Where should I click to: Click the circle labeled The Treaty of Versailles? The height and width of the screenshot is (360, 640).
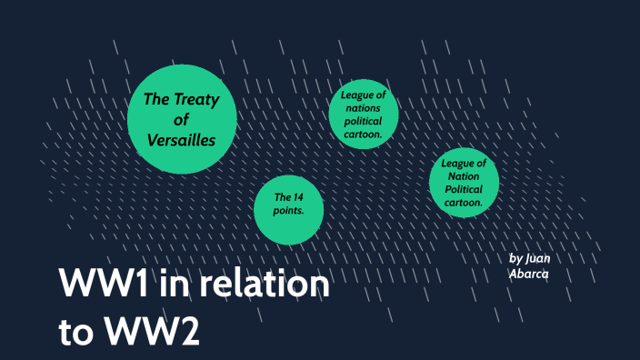[x=182, y=118]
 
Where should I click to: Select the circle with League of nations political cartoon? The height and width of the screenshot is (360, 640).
[x=364, y=114]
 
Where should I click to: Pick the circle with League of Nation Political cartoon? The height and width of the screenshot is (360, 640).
[x=464, y=183]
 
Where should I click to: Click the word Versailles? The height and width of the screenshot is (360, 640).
[x=182, y=140]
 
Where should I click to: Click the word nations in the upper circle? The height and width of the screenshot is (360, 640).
[x=363, y=107]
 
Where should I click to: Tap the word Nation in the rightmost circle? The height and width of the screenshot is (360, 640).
[x=463, y=176]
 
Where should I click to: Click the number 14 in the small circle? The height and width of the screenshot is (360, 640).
[x=295, y=197]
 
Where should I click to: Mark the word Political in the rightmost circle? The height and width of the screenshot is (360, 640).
[x=464, y=189]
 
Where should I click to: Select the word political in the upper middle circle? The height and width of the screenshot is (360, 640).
[x=364, y=120]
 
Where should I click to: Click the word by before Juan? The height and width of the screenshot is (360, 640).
[x=516, y=258]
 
